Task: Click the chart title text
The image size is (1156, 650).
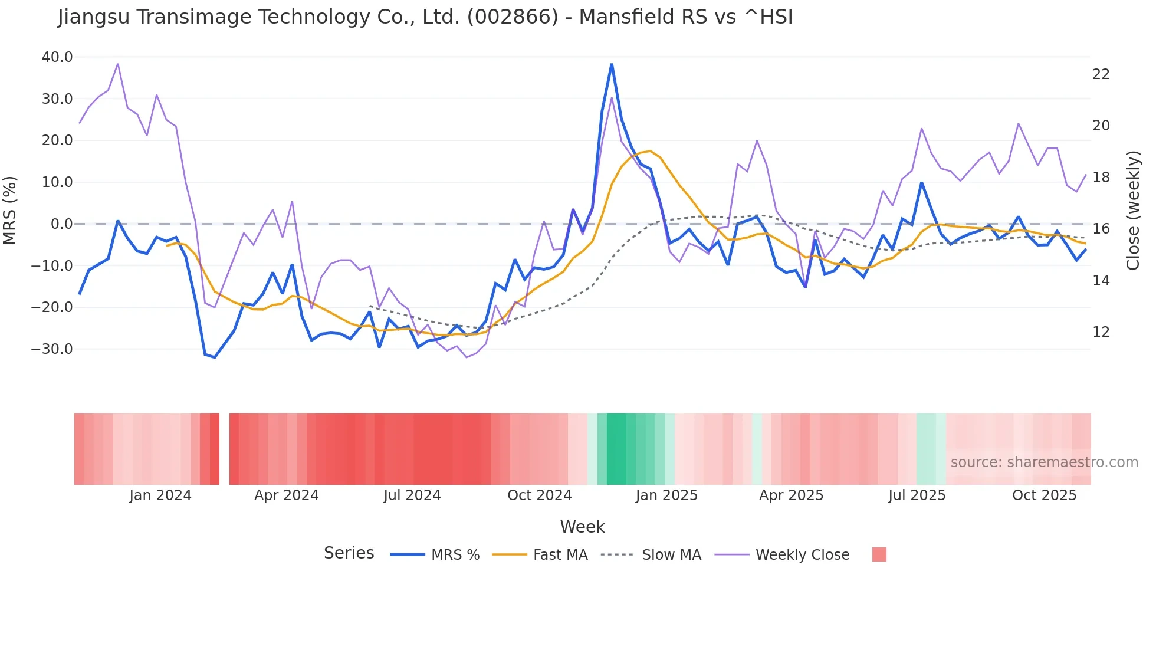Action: pyautogui.click(x=425, y=17)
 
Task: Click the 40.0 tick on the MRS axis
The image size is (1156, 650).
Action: pyautogui.click(x=57, y=57)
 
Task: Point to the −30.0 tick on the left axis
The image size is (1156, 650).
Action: pyautogui.click(x=52, y=349)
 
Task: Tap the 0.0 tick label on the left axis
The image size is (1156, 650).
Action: pyautogui.click(x=61, y=224)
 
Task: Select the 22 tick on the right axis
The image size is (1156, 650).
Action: pyautogui.click(x=1101, y=74)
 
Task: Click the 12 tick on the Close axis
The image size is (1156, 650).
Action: pyautogui.click(x=1101, y=332)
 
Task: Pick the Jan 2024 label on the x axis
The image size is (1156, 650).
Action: pyautogui.click(x=160, y=495)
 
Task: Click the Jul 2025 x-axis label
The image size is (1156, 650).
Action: pyautogui.click(x=917, y=495)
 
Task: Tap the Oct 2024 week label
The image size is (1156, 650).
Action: pyautogui.click(x=539, y=495)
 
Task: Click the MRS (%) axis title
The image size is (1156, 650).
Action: pyautogui.click(x=10, y=210)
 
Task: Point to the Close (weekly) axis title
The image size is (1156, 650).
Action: pyautogui.click(x=1132, y=210)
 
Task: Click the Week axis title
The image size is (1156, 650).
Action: pyautogui.click(x=582, y=527)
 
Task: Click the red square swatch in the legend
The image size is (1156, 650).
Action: pyautogui.click(x=879, y=554)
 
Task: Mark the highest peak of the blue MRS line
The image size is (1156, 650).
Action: pyautogui.click(x=612, y=64)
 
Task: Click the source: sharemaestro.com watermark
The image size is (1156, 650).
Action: pyautogui.click(x=1044, y=462)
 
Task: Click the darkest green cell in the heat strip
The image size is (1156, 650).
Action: pyautogui.click(x=616, y=449)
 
